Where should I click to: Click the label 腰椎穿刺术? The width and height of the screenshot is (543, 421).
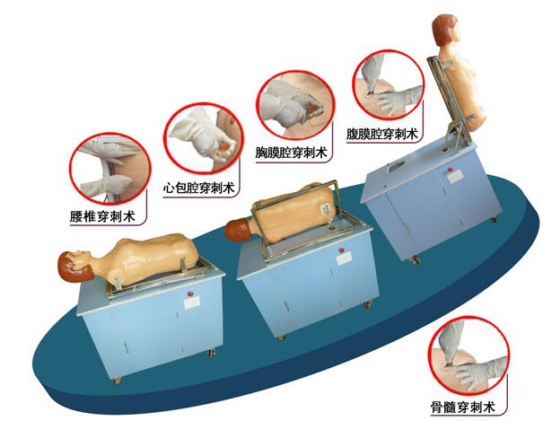(x=108, y=215)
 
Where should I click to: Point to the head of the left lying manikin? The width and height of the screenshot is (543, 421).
(x=75, y=267)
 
